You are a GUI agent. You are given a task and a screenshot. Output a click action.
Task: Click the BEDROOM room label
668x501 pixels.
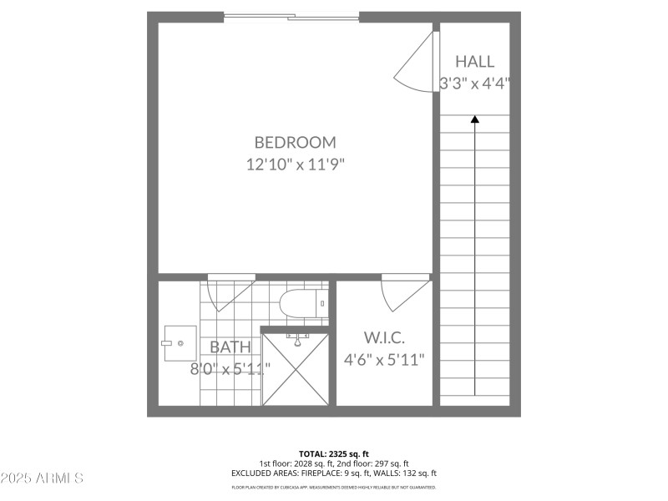[295, 142]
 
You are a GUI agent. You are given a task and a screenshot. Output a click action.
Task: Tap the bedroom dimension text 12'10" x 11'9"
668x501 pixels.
[295, 164]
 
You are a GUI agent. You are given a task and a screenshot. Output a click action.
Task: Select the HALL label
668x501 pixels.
[474, 61]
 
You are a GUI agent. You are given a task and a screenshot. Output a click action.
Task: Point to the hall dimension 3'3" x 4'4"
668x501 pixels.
[474, 83]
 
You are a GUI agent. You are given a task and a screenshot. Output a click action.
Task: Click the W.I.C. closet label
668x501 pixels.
[384, 337]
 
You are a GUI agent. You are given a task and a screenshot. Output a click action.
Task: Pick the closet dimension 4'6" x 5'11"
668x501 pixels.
[384, 360]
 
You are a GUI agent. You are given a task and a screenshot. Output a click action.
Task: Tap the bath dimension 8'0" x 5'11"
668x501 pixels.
[225, 367]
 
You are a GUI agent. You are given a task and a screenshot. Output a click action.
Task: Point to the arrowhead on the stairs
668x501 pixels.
[475, 119]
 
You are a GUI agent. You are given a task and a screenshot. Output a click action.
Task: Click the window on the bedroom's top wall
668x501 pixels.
[291, 16]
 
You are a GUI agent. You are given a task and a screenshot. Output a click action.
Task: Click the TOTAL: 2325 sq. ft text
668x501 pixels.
[333, 453]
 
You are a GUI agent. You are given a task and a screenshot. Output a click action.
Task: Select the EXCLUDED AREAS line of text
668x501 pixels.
[333, 473]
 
